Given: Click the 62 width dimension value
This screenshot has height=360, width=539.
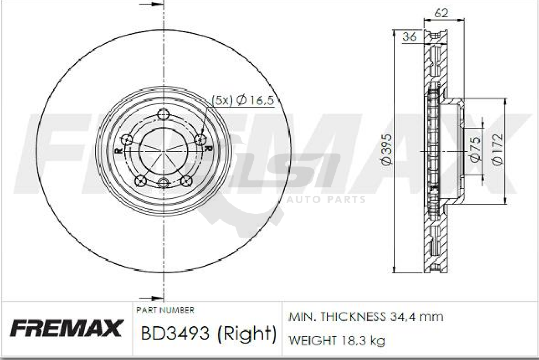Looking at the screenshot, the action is [x=442, y=13].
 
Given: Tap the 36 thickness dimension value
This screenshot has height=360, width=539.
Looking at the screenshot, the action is [x=409, y=36].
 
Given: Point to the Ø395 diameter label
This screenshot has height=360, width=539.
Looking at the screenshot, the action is [x=386, y=149].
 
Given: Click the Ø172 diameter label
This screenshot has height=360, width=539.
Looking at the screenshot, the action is [x=497, y=149].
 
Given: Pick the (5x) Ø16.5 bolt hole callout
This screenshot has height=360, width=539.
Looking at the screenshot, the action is [x=242, y=100].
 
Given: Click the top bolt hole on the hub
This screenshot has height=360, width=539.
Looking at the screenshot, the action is [x=164, y=114].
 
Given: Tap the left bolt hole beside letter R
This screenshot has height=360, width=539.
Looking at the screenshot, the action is [x=127, y=140].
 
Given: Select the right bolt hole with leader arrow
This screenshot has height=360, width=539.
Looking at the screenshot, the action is [x=201, y=139].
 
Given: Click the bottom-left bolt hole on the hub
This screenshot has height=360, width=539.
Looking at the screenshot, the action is [x=141, y=181].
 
